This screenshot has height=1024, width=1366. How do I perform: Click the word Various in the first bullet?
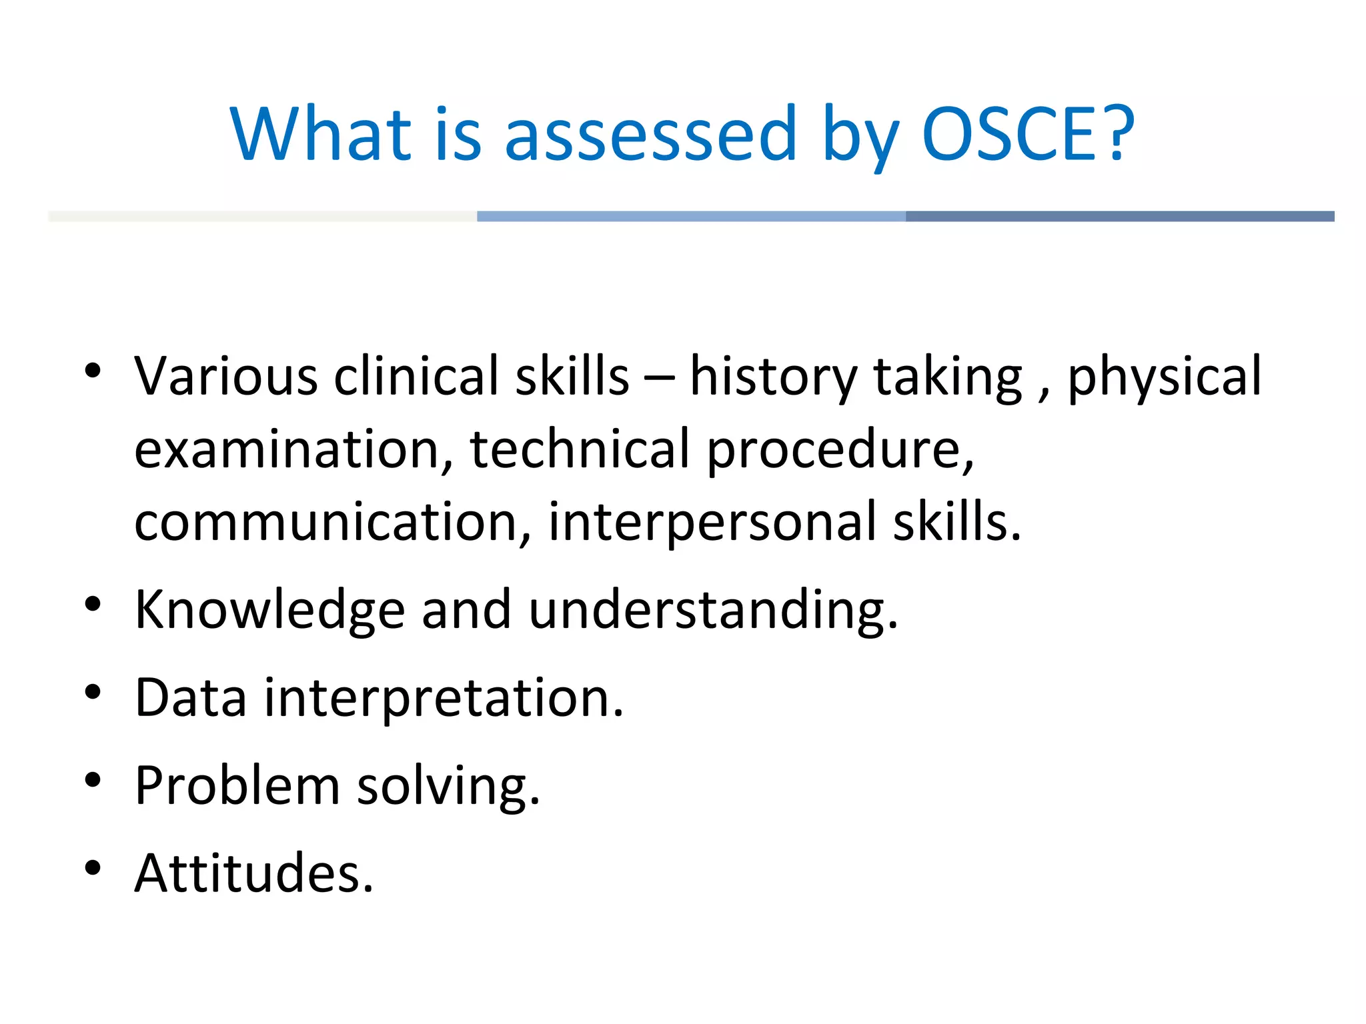[x=225, y=377]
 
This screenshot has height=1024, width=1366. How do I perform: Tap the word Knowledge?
[x=269, y=611]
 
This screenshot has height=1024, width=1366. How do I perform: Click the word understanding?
[x=712, y=611]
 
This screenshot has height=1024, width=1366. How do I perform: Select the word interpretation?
[x=444, y=699]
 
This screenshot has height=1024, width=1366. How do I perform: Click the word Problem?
[x=237, y=786]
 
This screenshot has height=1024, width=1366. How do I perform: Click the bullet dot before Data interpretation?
[x=93, y=692]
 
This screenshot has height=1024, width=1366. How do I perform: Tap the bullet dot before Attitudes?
[x=93, y=867]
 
